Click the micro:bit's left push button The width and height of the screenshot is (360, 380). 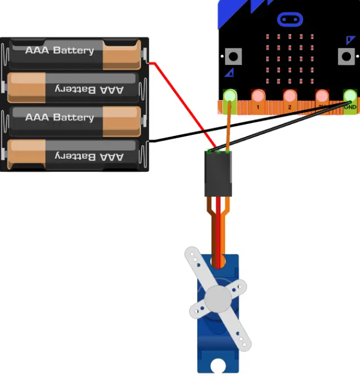(x=232, y=56)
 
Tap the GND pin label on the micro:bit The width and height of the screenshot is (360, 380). (x=350, y=106)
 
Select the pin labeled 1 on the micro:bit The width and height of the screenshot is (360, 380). (x=258, y=106)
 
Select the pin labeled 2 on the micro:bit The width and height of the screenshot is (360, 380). (x=289, y=106)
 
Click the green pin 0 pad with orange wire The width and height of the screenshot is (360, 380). (x=230, y=96)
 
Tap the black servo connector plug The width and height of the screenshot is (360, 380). (x=218, y=174)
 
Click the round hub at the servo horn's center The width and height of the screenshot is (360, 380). (x=217, y=297)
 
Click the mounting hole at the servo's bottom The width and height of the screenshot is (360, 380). (x=218, y=365)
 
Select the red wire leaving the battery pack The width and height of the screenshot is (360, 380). (x=182, y=102)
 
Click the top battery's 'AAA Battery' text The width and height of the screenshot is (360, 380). (x=60, y=51)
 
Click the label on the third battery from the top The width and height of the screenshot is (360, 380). (x=60, y=118)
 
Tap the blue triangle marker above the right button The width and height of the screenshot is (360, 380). (x=350, y=40)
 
